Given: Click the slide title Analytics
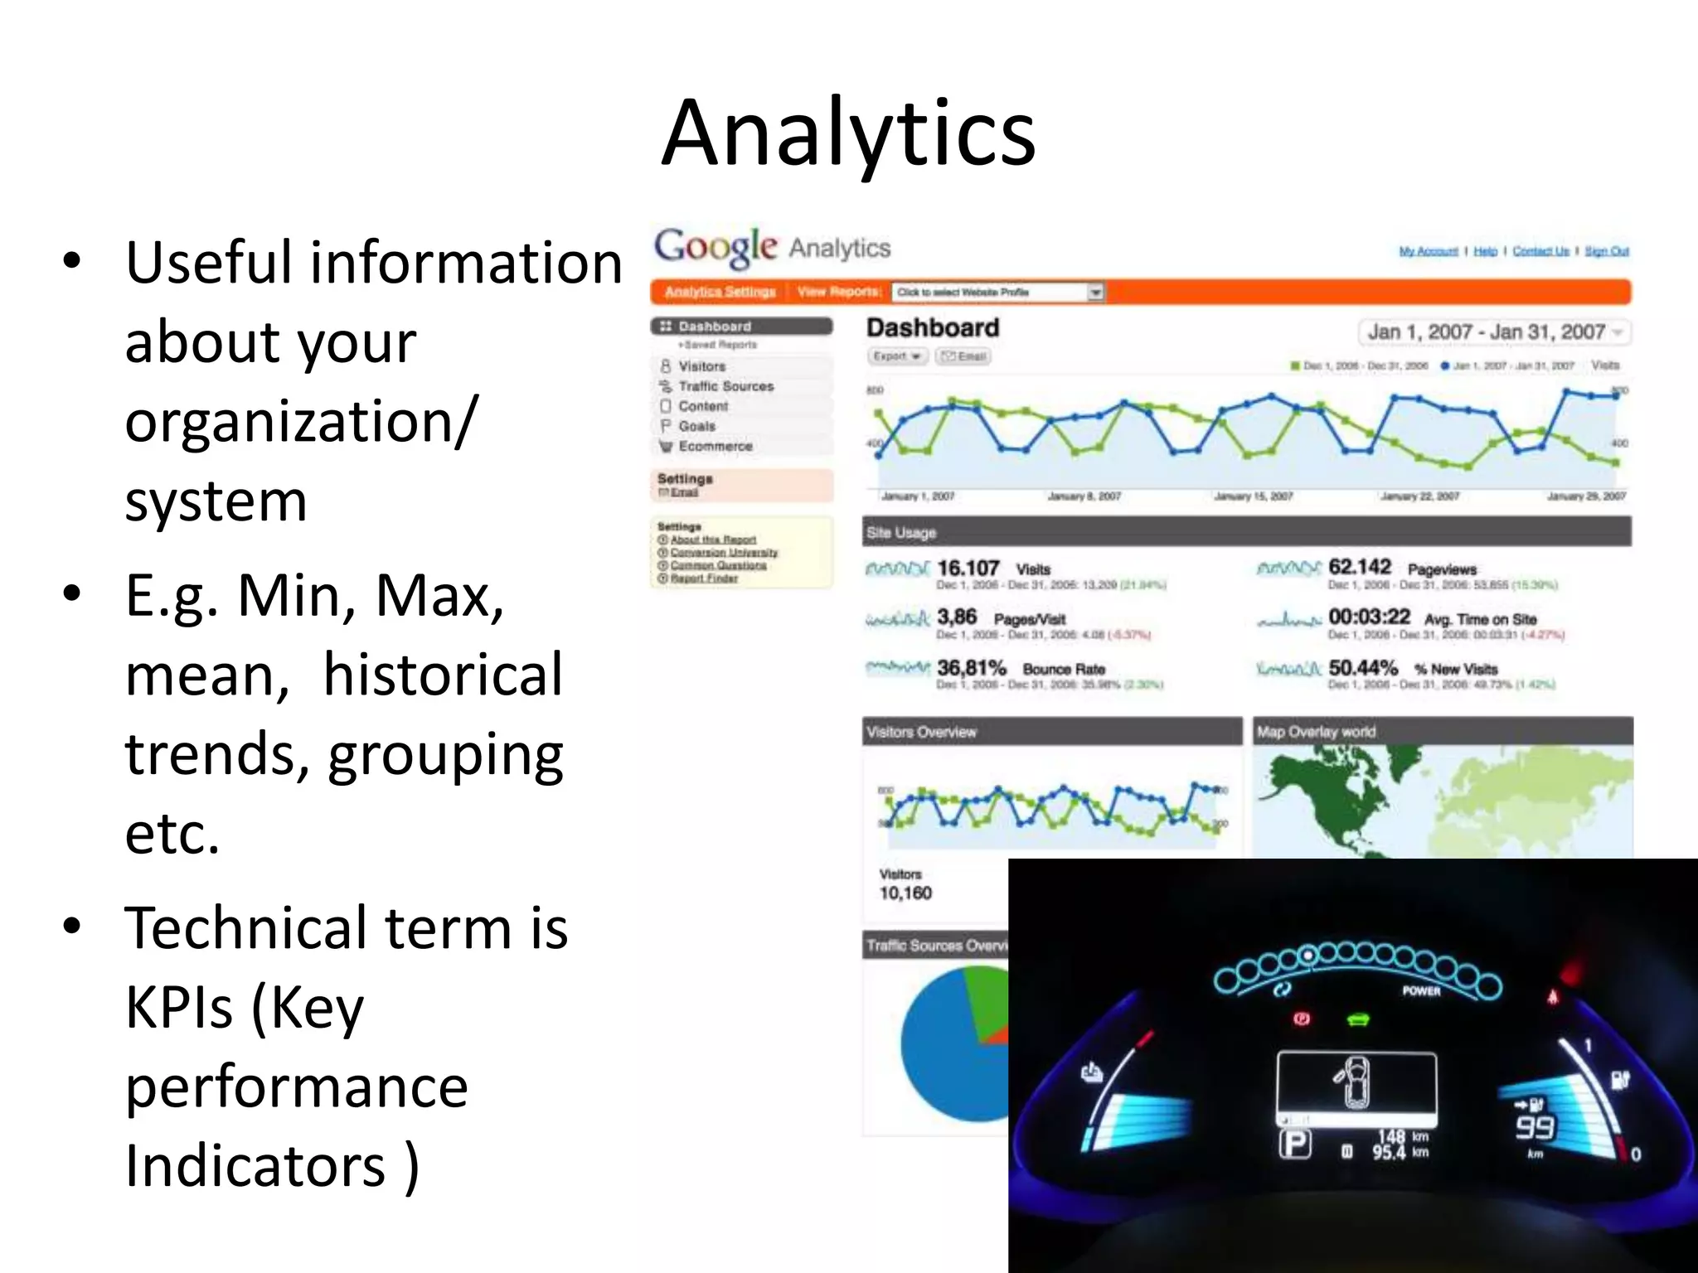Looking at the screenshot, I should (x=848, y=133).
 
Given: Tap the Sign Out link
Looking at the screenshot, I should (x=1606, y=251).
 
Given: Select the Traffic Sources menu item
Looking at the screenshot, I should (x=725, y=386).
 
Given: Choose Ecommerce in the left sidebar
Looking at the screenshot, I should (x=715, y=446).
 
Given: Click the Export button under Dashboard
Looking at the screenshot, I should (x=896, y=356).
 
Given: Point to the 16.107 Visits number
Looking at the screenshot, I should (x=968, y=569).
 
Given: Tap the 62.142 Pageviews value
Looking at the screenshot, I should (x=1359, y=567).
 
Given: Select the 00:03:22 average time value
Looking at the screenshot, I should (x=1369, y=617).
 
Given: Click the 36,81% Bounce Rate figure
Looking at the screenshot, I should (x=971, y=668).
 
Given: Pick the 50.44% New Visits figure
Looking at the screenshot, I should (x=1362, y=668).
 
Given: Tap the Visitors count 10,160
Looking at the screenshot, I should (x=905, y=893).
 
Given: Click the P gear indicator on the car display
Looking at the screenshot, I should (x=1294, y=1145).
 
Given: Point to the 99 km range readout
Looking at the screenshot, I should (x=1535, y=1127).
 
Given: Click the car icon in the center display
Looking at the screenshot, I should (x=1356, y=1083).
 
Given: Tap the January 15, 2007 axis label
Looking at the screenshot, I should (x=1253, y=496).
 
